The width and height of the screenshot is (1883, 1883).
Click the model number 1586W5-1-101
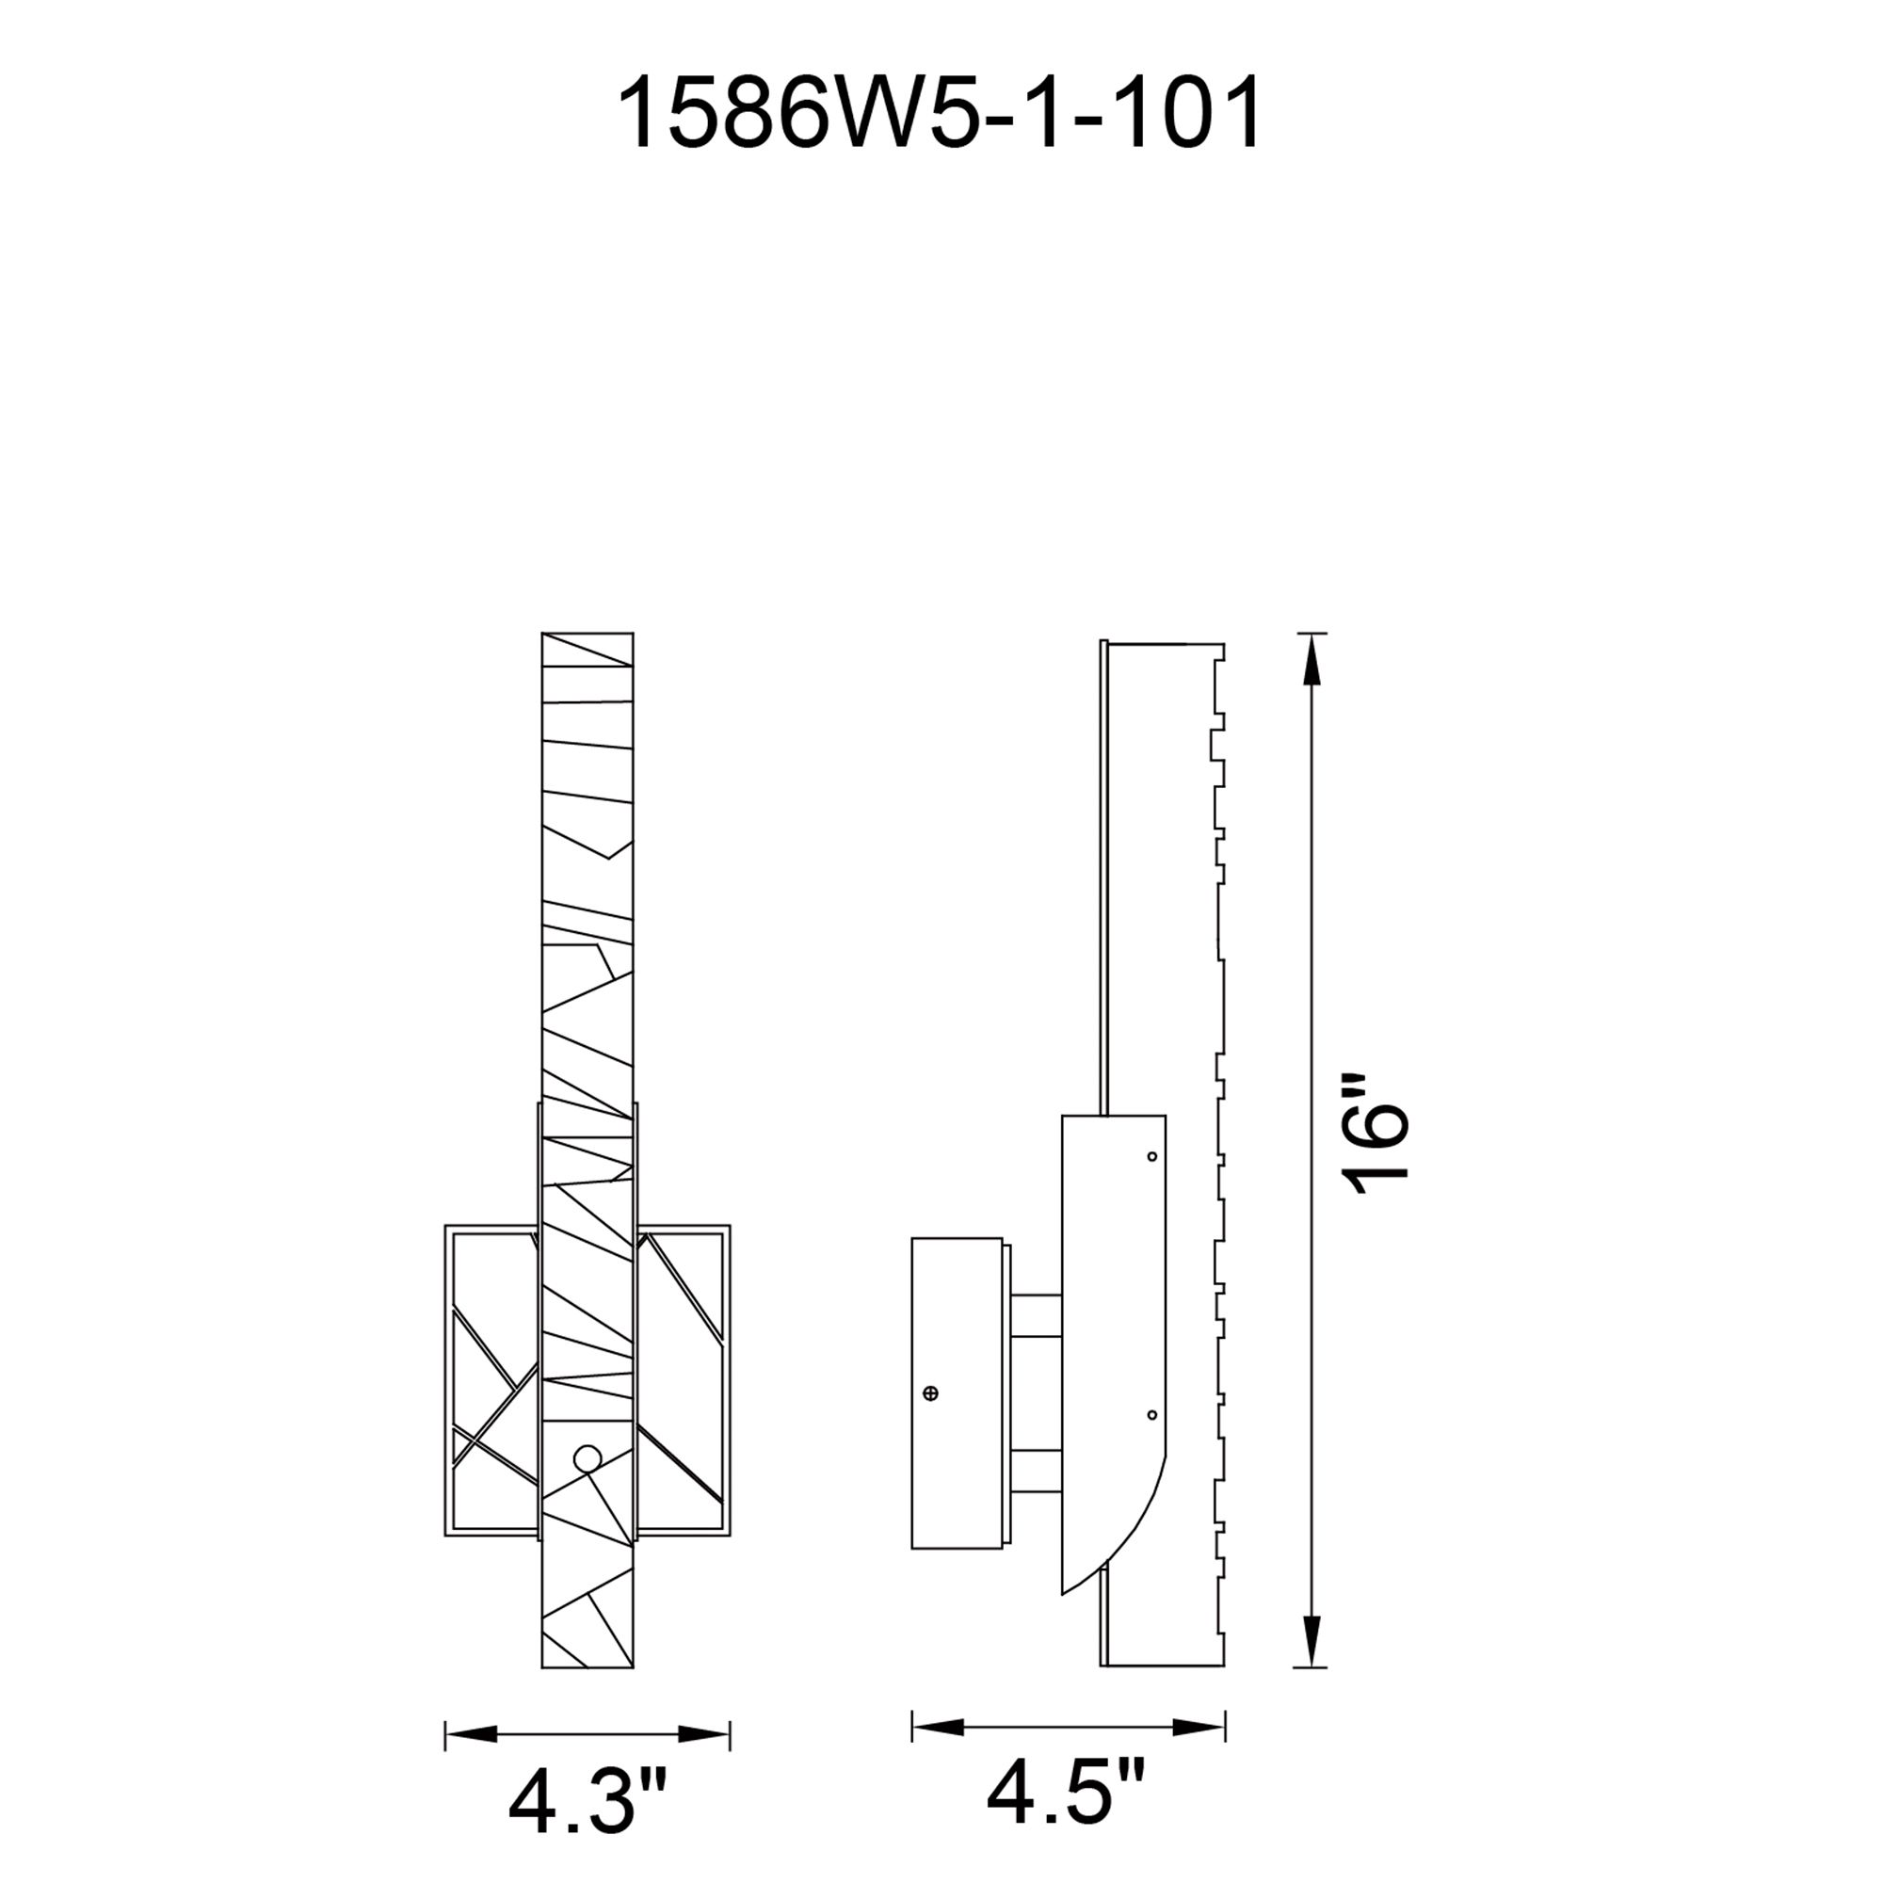click(x=941, y=114)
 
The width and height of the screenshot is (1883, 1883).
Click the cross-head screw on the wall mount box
click(x=931, y=1393)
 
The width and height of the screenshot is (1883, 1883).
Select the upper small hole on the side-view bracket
click(x=1152, y=1157)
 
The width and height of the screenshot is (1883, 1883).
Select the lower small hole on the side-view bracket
click(x=1152, y=1414)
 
